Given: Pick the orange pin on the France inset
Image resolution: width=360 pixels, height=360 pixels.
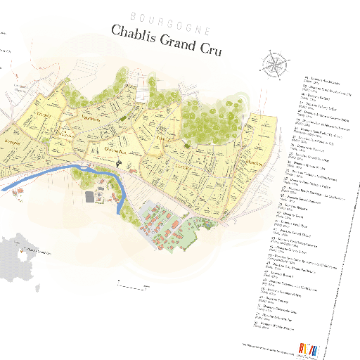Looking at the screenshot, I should tap(29, 247).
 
